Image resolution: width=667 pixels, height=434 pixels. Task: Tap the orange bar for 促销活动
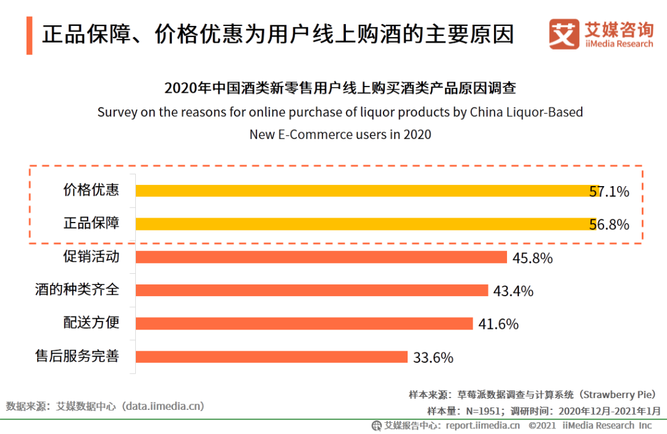(x=321, y=257)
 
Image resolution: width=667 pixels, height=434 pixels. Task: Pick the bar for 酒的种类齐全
(x=312, y=291)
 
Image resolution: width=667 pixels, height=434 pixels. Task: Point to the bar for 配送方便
(x=304, y=323)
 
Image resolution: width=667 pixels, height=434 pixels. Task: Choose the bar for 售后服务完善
(x=272, y=357)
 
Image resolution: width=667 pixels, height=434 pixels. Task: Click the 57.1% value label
(x=609, y=192)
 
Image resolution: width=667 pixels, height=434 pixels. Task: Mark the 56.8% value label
(x=609, y=225)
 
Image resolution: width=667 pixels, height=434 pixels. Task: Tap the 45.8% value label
(x=532, y=258)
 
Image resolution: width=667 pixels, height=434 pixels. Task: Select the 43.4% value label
(x=513, y=291)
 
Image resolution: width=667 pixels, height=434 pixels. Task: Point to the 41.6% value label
(x=498, y=324)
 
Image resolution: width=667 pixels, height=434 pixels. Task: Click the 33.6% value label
(x=433, y=357)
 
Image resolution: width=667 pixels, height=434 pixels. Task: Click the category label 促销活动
(x=91, y=256)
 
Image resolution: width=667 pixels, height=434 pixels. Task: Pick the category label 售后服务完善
(x=77, y=356)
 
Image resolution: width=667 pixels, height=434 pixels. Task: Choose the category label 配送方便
(x=91, y=323)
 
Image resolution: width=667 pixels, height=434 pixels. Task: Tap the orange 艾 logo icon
(x=564, y=34)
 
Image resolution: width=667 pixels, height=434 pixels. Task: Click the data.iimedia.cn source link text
(x=163, y=406)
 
